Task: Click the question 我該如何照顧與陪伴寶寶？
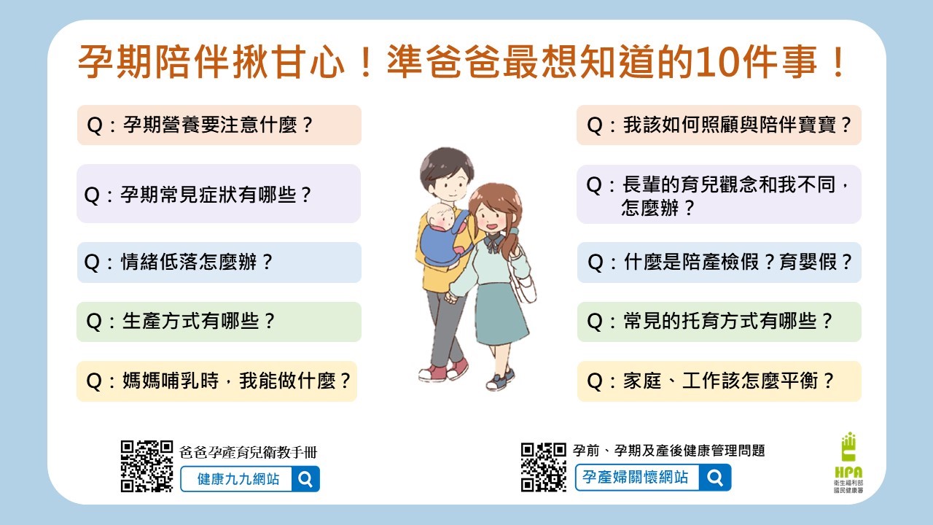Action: tap(719, 125)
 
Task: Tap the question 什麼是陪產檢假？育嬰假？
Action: tap(719, 262)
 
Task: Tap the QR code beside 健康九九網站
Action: tap(147, 466)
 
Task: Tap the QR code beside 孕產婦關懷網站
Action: tap(544, 467)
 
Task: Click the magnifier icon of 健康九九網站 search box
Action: tap(305, 479)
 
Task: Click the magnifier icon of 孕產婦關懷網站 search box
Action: tap(715, 478)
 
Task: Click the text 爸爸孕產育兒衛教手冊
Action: tap(249, 452)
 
